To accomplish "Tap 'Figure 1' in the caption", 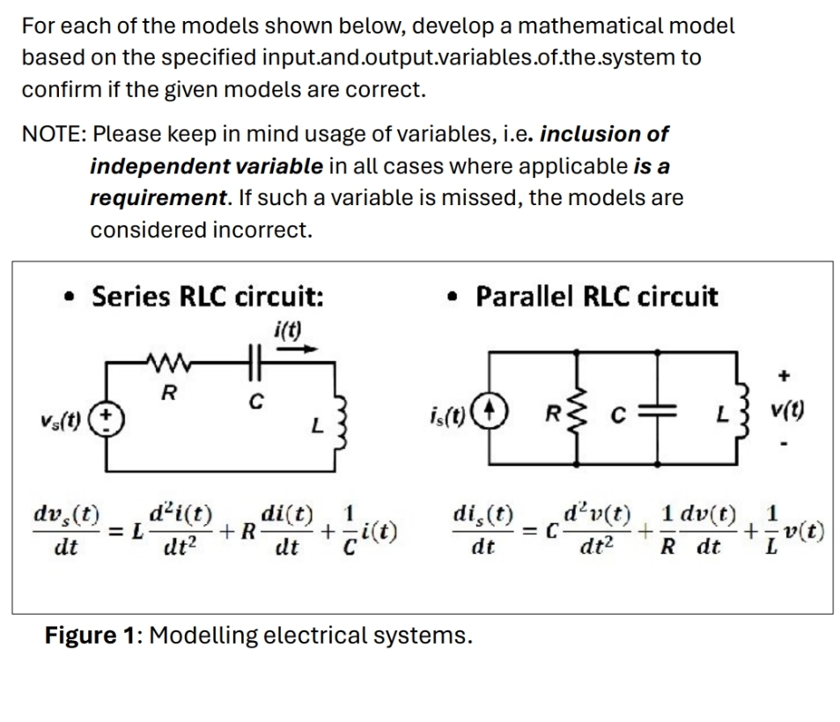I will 94,635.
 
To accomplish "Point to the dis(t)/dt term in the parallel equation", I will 483,530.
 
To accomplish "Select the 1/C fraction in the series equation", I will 350,530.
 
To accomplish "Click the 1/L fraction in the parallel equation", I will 771,530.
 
